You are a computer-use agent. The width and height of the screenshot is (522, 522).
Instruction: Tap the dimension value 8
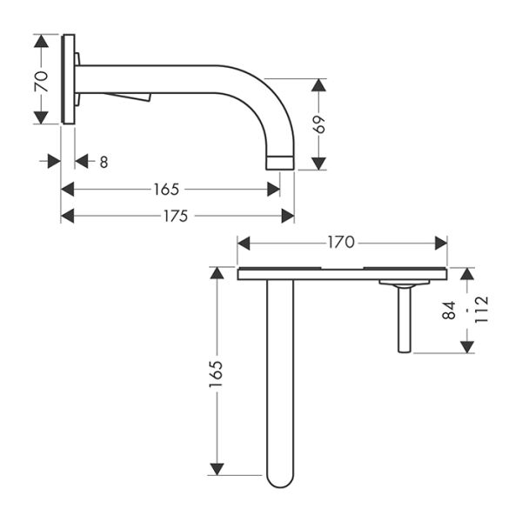tap(104, 161)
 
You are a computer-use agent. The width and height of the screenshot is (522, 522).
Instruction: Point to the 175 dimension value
tap(175, 217)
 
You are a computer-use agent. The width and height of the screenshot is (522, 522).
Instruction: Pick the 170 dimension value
tap(340, 243)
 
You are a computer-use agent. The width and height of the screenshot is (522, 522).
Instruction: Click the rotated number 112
tap(481, 310)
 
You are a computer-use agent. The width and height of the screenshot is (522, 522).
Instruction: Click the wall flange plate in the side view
tap(68, 79)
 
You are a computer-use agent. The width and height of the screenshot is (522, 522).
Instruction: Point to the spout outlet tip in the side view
tap(279, 162)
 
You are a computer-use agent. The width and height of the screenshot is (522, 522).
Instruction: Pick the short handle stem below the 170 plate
tap(405, 320)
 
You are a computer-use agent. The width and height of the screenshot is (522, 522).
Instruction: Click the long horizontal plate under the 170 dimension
tap(341, 274)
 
